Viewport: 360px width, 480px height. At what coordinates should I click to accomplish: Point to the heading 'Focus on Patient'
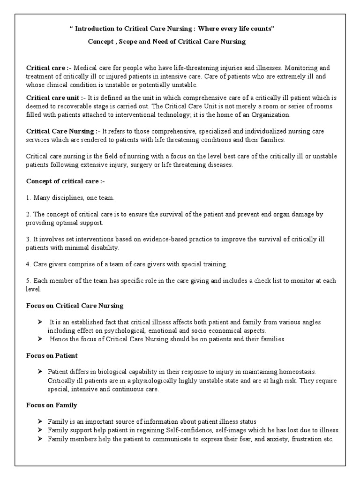coord(52,355)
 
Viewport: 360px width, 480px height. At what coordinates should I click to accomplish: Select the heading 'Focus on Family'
coord(52,405)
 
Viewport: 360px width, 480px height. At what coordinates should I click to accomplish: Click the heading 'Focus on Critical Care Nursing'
coord(75,306)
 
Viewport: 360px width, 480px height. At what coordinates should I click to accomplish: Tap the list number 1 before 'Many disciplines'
coord(28,198)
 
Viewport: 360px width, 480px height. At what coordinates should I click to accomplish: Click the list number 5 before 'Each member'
coord(28,281)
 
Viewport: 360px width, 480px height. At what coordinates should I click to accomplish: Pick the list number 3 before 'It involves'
coord(28,239)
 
